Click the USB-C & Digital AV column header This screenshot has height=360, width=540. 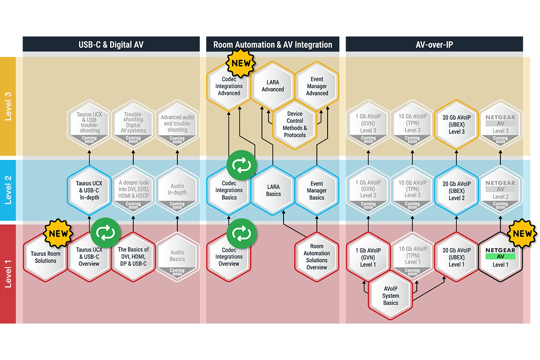pyautogui.click(x=111, y=45)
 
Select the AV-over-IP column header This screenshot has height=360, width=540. pyautogui.click(x=434, y=45)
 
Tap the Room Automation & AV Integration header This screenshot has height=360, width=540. pyautogui.click(x=273, y=45)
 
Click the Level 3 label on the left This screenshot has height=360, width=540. pyautogui.click(x=8, y=106)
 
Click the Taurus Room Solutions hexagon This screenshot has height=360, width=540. pyautogui.click(x=45, y=257)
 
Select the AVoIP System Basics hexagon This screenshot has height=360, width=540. pyautogui.click(x=391, y=296)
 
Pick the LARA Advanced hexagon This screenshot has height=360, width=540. pyautogui.click(x=273, y=85)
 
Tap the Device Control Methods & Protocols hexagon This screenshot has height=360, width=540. pyautogui.click(x=295, y=124)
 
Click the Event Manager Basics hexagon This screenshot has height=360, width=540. pyautogui.click(x=317, y=190)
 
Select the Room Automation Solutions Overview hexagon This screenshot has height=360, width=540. pyautogui.click(x=317, y=256)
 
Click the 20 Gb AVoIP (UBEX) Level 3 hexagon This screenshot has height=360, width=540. pyautogui.click(x=456, y=124)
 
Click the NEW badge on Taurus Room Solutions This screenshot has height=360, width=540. pyautogui.click(x=58, y=234)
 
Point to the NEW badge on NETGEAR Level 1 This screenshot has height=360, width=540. pyautogui.click(x=522, y=234)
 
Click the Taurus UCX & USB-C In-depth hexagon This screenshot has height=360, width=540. pyautogui.click(x=89, y=190)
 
